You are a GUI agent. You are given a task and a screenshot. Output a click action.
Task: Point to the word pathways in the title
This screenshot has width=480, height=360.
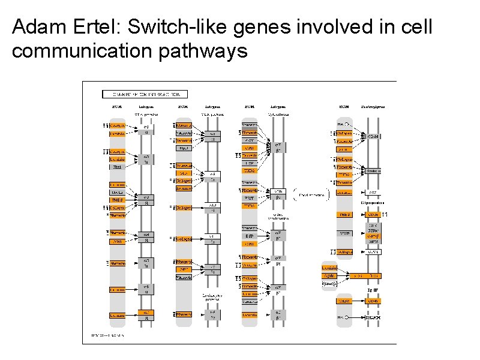click(x=204, y=52)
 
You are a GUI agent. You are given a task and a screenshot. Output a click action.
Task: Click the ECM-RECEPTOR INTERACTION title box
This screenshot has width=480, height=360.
click(x=145, y=94)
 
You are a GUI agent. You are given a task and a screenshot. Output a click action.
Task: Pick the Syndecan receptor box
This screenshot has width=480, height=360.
click(x=373, y=171)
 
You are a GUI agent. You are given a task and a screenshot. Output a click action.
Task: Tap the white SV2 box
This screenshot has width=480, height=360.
click(x=373, y=193)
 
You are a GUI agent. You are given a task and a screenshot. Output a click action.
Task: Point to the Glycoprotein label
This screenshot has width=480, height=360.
click(x=373, y=203)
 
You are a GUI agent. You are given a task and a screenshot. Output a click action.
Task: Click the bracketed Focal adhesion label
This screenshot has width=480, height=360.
click(x=313, y=196)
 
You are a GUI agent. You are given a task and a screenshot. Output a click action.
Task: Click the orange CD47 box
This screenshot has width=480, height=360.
click(x=373, y=300)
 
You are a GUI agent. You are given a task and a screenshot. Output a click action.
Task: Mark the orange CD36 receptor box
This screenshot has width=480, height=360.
click(x=373, y=215)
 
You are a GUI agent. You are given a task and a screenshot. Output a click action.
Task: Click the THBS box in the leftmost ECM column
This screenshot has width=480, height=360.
click(x=116, y=200)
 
